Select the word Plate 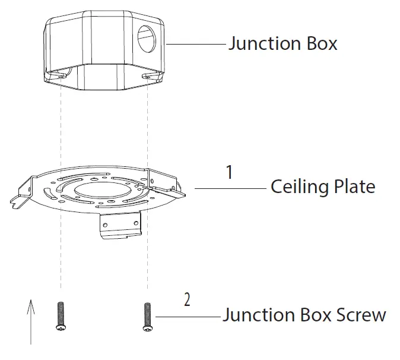354,187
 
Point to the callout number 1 230,172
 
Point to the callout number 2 188,299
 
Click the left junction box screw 60,316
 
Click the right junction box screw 147,316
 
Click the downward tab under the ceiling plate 121,226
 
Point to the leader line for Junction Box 196,44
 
